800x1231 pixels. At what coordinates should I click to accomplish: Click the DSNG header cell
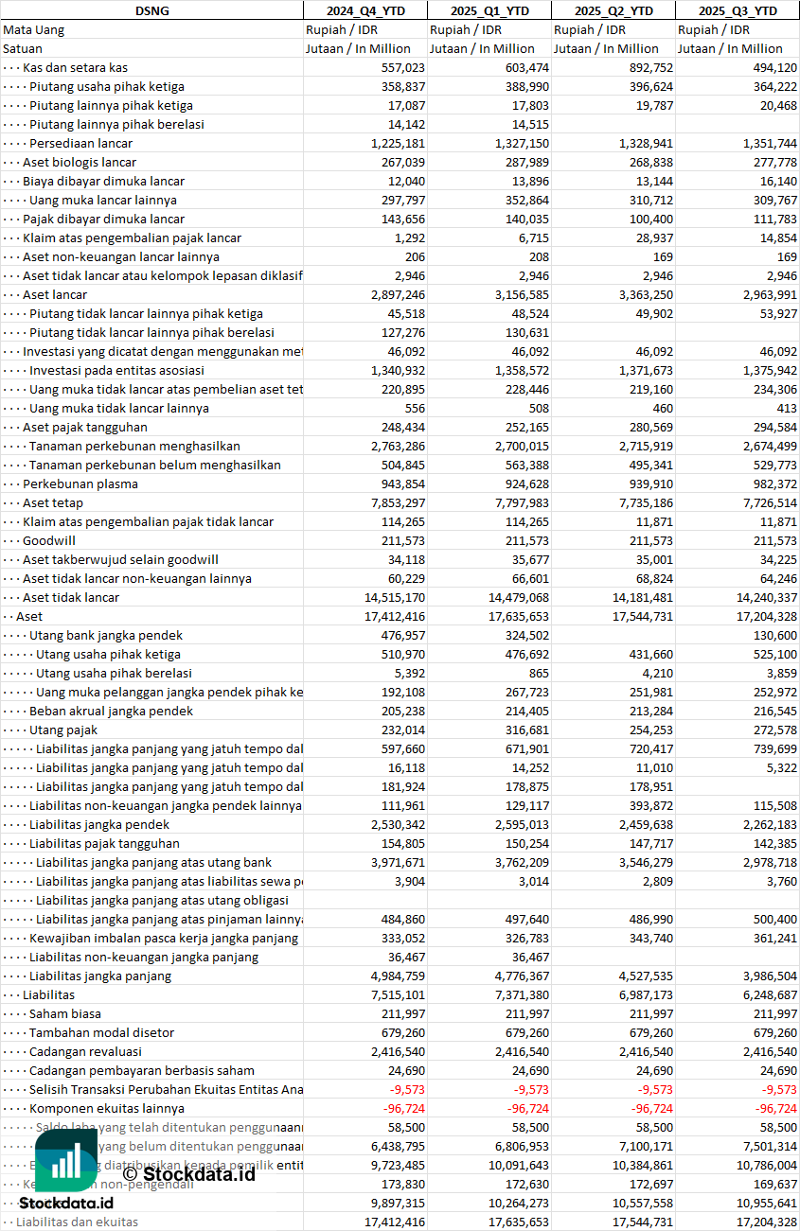coord(151,10)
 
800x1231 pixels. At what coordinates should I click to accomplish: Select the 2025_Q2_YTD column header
coord(613,10)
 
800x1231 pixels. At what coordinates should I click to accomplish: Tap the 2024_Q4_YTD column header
coord(365,10)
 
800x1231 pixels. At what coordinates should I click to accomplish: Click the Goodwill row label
coord(49,540)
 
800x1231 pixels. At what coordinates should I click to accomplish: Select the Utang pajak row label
coord(63,730)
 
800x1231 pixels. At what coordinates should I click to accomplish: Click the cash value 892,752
coord(650,67)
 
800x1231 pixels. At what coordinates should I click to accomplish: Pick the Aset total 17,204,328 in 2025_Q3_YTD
coord(761,616)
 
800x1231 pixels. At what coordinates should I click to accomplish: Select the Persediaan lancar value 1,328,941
coord(641,143)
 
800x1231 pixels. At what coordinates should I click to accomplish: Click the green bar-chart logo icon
coord(65,1161)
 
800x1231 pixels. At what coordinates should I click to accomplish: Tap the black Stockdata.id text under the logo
coord(66,1203)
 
